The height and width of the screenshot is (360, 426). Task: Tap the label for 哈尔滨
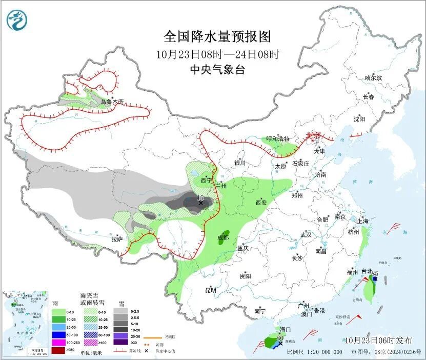coord(373,78)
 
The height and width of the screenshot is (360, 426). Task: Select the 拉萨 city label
coord(117,238)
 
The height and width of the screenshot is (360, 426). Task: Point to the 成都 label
coord(222,237)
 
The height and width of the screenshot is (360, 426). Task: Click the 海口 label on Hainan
coord(285,329)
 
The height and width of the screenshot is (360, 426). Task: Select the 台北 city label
coord(368,271)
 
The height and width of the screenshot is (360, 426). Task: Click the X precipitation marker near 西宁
coord(200,203)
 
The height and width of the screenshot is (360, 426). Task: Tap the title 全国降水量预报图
coord(217,36)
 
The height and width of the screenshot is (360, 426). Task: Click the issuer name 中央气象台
coord(217,70)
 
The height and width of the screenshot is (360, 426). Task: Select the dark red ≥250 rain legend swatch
coord(58,350)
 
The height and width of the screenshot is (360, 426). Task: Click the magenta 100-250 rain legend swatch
coord(58,342)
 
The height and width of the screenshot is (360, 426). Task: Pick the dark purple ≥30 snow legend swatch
coord(120,342)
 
